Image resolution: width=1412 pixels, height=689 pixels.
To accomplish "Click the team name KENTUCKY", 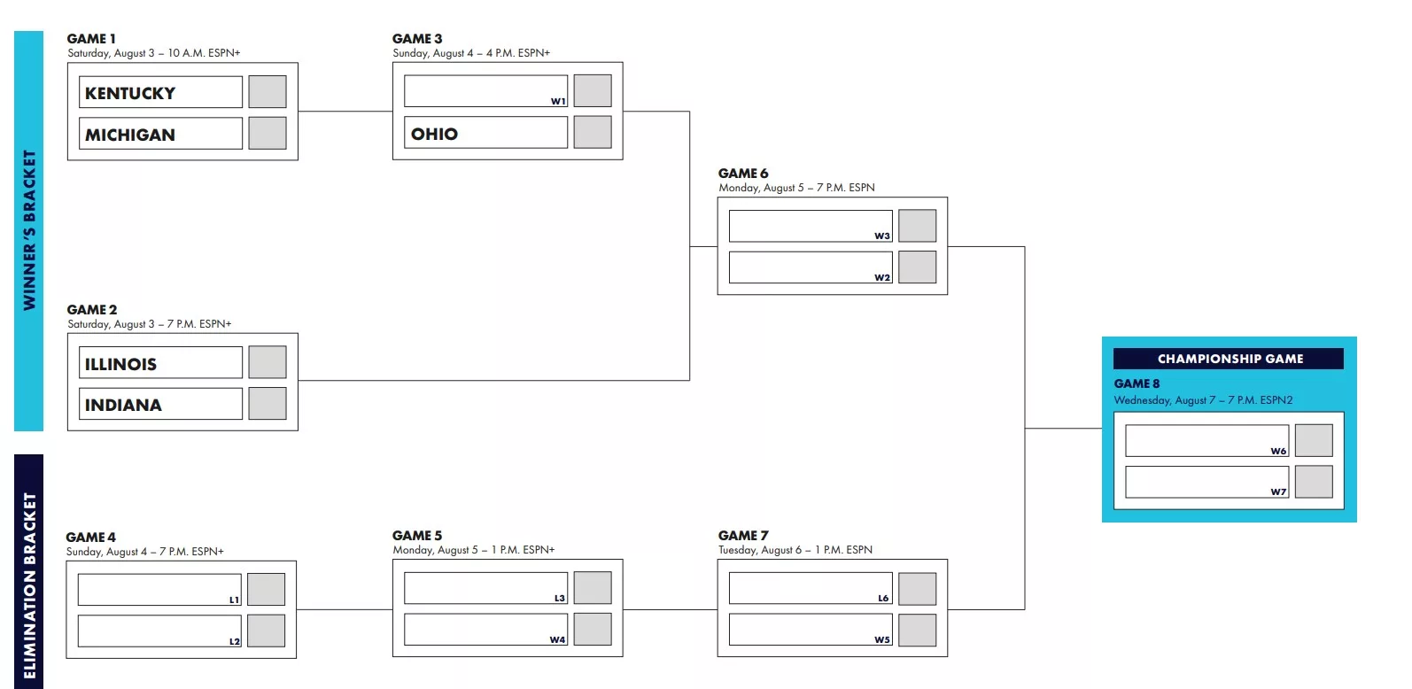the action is coord(130,93).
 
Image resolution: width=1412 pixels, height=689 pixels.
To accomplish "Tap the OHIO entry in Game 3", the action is coord(434,134).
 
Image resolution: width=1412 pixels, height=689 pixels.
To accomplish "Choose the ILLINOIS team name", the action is coord(120,364).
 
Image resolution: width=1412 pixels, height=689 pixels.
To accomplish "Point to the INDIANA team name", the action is coord(123,405).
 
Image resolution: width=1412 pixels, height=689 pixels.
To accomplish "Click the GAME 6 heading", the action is coord(743,174).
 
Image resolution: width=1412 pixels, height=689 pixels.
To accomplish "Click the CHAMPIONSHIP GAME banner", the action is coord(1230,359).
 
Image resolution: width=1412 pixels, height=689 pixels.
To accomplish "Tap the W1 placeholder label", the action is coord(558,101).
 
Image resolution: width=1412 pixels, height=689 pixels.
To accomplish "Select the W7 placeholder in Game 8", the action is coord(1278,492).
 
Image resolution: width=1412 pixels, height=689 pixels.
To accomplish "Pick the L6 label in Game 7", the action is coord(883,599).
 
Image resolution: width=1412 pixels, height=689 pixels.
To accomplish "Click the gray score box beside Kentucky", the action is coord(268,91).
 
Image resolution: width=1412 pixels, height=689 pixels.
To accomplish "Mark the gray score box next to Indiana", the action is coord(268,404).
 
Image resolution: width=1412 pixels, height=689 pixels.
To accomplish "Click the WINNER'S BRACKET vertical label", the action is coord(29,230).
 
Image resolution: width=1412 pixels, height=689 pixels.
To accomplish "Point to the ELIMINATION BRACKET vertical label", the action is coord(29,585).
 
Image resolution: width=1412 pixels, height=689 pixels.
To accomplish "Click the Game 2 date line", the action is coord(150,324).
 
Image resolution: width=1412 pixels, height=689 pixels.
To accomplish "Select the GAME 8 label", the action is coord(1137,383).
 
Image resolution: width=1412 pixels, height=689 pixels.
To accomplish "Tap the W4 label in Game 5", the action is coord(557,639).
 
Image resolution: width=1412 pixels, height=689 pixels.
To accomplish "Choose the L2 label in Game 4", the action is coord(235,642).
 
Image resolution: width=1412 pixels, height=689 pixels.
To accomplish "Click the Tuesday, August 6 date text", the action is coord(795,550).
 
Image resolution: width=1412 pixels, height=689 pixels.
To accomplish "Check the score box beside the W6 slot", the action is coord(1314,440).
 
